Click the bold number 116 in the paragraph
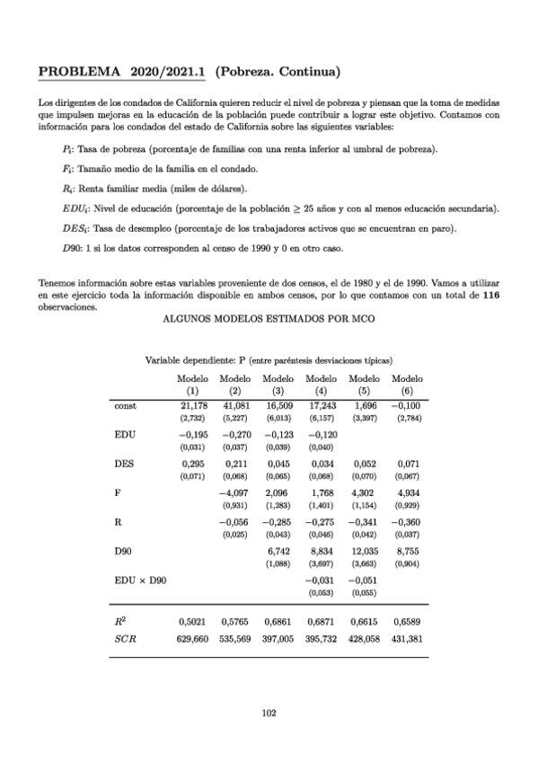click(x=491, y=294)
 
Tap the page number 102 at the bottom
click(x=268, y=713)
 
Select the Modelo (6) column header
click(x=408, y=385)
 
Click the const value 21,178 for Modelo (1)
click(x=194, y=407)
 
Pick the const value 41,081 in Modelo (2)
click(x=236, y=407)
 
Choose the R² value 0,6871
click(x=322, y=596)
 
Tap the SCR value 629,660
click(x=192, y=613)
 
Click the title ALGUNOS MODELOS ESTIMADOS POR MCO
click(x=269, y=319)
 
